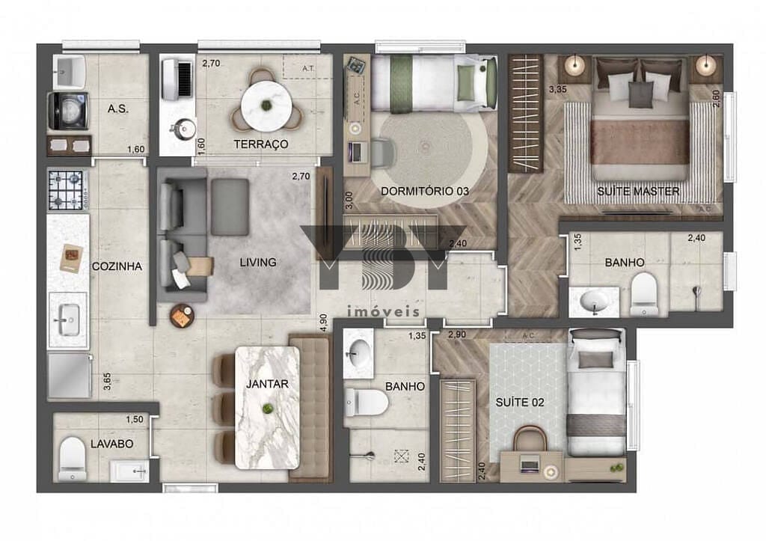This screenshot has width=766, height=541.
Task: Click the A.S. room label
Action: tap(118, 109)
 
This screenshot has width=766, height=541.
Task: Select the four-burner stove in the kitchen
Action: tap(67, 190)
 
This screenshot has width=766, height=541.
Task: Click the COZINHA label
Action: tap(117, 266)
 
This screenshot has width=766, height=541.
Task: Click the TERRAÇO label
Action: tap(261, 144)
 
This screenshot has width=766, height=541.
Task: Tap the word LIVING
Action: tap(258, 263)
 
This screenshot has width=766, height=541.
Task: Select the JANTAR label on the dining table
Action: tap(267, 384)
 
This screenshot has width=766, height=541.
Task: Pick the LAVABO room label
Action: tap(112, 444)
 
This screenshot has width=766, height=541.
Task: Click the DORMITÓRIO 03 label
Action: tap(425, 191)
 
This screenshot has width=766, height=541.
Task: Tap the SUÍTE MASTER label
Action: tap(638, 192)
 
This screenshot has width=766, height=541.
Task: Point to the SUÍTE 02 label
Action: tap(520, 402)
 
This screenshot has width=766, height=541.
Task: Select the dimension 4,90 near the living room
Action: tap(323, 323)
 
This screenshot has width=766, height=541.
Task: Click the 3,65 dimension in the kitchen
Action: tap(107, 382)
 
